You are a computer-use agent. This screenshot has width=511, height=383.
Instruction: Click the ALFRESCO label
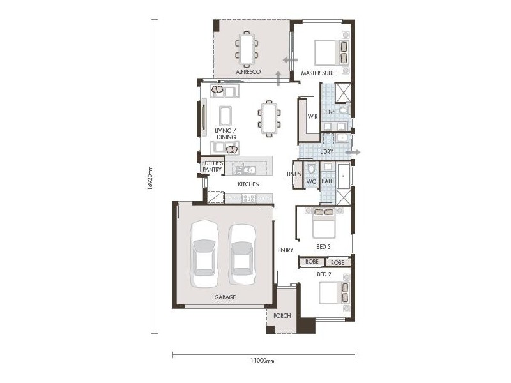tap(247, 73)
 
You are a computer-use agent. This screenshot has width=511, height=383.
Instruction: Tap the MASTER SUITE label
tap(318, 73)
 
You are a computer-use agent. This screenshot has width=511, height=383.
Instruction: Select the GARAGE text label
tap(225, 297)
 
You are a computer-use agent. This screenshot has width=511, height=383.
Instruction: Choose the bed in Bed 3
tap(323, 224)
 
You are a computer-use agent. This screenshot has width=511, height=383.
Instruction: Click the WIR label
tap(312, 116)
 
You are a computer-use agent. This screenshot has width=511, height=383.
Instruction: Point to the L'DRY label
tap(327, 153)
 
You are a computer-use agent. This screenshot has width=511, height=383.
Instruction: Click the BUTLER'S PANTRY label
tap(211, 167)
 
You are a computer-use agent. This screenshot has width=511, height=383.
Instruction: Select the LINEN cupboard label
tap(294, 174)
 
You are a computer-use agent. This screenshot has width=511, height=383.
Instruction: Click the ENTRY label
tap(285, 250)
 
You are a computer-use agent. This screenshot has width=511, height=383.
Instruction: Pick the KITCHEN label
tap(248, 184)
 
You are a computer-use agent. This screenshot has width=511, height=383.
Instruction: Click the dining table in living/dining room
tap(269, 118)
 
